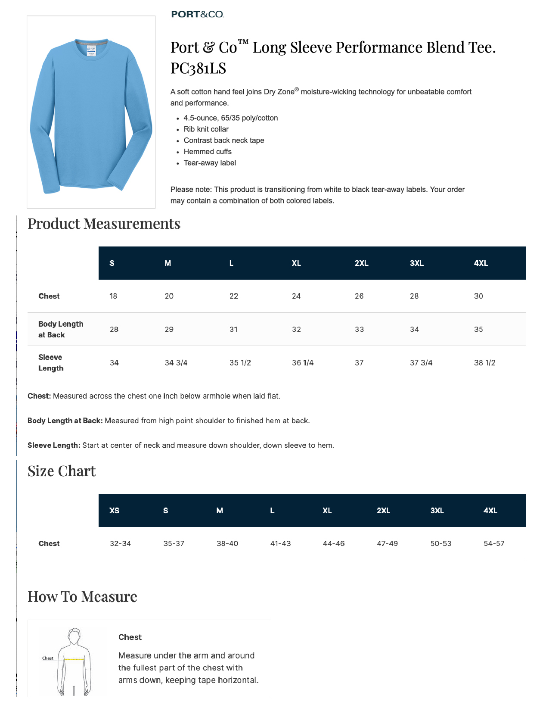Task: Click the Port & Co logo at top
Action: click(x=198, y=14)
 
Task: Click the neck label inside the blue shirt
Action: click(x=91, y=51)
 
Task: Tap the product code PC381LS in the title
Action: click(x=198, y=68)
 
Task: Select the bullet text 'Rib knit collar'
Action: click(x=206, y=129)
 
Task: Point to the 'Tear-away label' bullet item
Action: click(x=210, y=163)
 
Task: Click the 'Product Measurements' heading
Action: click(x=104, y=224)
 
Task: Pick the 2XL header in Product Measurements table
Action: click(x=361, y=263)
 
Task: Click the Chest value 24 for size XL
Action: click(x=296, y=296)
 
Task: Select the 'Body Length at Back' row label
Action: click(x=60, y=329)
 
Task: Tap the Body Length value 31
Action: click(x=233, y=329)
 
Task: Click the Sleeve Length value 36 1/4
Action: click(x=303, y=363)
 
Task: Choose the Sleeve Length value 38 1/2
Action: click(x=484, y=363)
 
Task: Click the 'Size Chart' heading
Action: click(x=62, y=471)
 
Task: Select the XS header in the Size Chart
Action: click(x=115, y=511)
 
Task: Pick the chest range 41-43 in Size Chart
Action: click(x=280, y=543)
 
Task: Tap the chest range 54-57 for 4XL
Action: click(x=493, y=543)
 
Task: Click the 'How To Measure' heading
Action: click(x=82, y=597)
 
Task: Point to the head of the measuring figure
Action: click(x=74, y=636)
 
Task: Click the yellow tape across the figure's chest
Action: click(x=74, y=659)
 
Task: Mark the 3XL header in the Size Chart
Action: click(x=437, y=511)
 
